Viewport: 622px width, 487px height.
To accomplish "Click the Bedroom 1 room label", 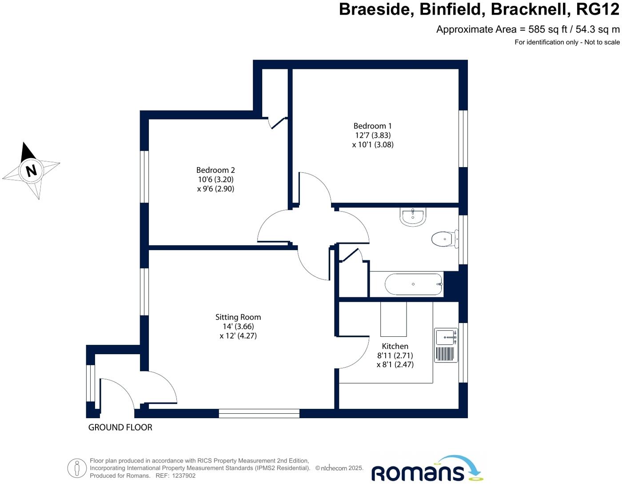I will click(x=372, y=126).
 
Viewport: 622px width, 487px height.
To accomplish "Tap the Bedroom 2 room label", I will click(x=215, y=170).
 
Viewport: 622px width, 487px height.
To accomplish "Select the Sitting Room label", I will click(x=238, y=317).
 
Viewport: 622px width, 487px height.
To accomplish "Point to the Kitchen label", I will click(x=395, y=346).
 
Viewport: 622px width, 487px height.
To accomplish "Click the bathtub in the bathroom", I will click(x=413, y=284).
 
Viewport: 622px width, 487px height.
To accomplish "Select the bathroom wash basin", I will click(x=413, y=216).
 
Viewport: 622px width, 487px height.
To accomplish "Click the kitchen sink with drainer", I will click(x=446, y=345).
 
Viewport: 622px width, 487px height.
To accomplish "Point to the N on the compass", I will click(x=31, y=170).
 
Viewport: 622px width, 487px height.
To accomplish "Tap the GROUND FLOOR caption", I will click(x=120, y=427).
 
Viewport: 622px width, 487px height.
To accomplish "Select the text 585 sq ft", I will click(x=548, y=30).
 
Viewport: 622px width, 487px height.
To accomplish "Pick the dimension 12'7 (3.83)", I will click(x=373, y=135).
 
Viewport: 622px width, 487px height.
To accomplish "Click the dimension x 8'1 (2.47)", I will click(x=395, y=365).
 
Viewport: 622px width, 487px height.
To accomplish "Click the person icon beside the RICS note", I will click(x=77, y=468).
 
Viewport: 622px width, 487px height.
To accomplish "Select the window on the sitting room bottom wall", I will click(x=259, y=414).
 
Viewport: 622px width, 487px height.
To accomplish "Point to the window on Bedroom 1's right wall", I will click(x=463, y=139).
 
